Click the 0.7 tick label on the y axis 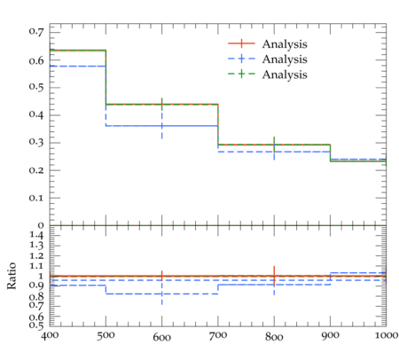[x=36, y=31]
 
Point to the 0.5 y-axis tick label [x=36, y=87]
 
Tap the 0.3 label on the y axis [x=36, y=142]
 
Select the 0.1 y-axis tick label [x=36, y=198]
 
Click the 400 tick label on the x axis [x=50, y=336]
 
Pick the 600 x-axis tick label [x=162, y=337]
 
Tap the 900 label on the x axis [x=330, y=336]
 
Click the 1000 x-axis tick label [x=387, y=335]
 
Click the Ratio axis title [x=12, y=276]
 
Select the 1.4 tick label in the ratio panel [x=36, y=235]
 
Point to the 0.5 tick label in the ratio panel [x=36, y=325]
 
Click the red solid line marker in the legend [x=241, y=43]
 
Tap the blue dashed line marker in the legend [x=241, y=59]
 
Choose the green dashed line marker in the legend [x=241, y=74]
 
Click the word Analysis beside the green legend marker [x=285, y=74]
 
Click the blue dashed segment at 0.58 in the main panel [x=78, y=66]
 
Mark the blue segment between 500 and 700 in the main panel [x=162, y=126]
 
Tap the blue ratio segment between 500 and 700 [x=162, y=293]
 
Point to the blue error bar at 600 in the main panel [x=162, y=126]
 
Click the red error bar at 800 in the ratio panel [x=274, y=276]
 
